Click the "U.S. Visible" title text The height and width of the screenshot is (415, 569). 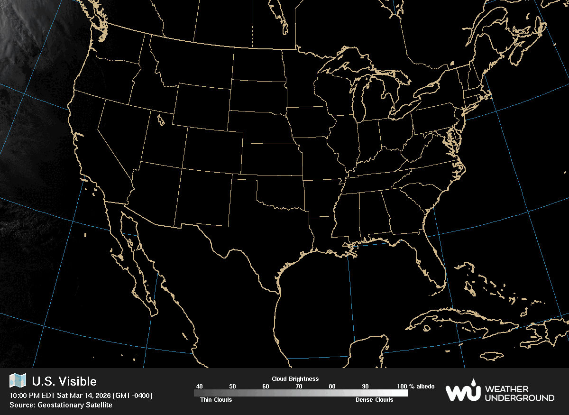64,381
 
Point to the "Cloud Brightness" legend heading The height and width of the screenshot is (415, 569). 295,379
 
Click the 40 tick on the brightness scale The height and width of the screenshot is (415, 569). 200,387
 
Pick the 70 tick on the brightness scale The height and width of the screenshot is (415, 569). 299,387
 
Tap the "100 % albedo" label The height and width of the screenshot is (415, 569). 416,387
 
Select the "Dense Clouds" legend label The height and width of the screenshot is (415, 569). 374,400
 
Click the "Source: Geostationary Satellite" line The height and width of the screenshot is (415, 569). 61,405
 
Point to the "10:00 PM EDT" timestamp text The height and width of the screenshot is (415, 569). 31,396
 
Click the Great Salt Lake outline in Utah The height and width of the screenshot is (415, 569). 160,119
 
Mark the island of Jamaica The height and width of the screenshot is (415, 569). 493,356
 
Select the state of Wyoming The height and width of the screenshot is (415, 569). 202,107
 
